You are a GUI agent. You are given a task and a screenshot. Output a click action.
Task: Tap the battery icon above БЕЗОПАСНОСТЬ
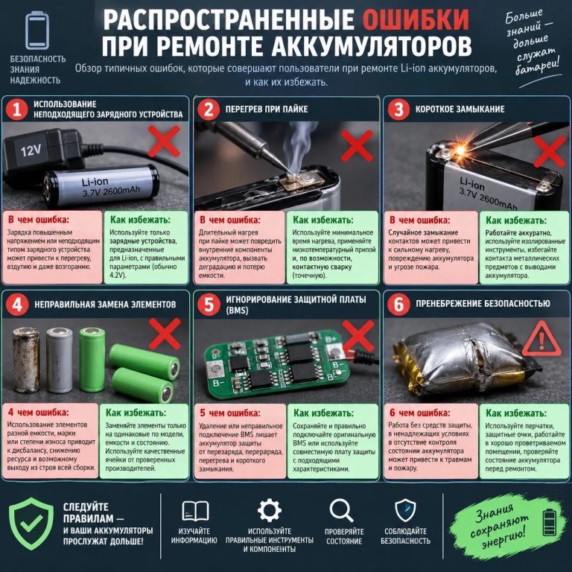pyautogui.click(x=36, y=31)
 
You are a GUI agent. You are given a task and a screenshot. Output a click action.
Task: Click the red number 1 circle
pyautogui.click(x=17, y=109)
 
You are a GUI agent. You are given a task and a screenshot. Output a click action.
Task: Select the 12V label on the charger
pyautogui.click(x=31, y=150)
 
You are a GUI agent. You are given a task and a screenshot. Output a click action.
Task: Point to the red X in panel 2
pyautogui.click(x=357, y=145)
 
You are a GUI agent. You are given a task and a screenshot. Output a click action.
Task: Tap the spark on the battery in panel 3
pyautogui.click(x=460, y=150)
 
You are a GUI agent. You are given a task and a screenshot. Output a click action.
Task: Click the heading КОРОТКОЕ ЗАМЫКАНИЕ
pyautogui.click(x=460, y=109)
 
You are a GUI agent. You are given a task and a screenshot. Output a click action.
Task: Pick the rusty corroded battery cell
pyautogui.click(x=26, y=359)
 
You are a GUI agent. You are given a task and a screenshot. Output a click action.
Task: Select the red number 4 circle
pyautogui.click(x=17, y=304)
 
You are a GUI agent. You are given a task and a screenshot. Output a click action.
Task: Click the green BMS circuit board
pyautogui.click(x=276, y=364)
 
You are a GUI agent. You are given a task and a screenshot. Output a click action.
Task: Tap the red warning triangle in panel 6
pyautogui.click(x=541, y=340)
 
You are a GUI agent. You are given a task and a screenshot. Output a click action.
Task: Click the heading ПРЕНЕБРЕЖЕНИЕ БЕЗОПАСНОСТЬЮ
pyautogui.click(x=483, y=304)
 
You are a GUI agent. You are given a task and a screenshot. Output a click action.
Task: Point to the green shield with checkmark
pyautogui.click(x=31, y=524)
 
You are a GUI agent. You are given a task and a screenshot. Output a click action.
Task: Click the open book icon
pyautogui.click(x=195, y=511)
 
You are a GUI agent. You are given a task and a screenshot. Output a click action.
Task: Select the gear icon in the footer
pyautogui.click(x=269, y=510)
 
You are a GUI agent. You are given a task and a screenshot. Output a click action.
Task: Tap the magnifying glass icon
pyautogui.click(x=341, y=510)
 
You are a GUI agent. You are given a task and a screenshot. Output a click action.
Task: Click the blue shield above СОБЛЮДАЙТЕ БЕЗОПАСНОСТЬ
pyautogui.click(x=405, y=510)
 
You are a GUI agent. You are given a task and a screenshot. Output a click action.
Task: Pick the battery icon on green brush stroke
pyautogui.click(x=550, y=522)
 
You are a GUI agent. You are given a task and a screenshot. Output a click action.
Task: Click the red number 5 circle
pyautogui.click(x=209, y=304)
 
